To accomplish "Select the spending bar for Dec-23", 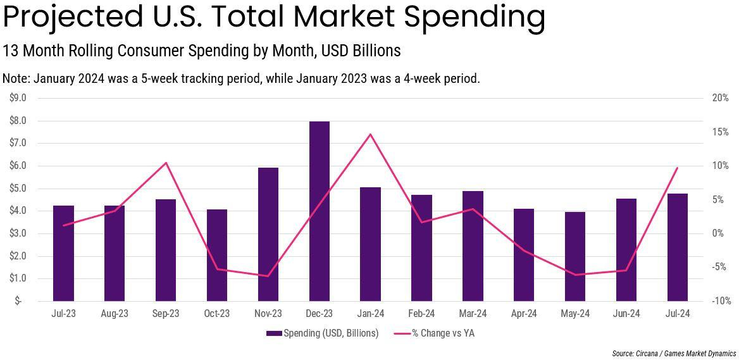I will [x=320, y=211].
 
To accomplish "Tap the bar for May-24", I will [x=575, y=256].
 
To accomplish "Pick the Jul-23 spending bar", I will [x=63, y=253].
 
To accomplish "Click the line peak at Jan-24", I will [x=370, y=134].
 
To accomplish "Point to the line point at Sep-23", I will [x=166, y=163].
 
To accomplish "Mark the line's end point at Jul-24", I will [x=677, y=168].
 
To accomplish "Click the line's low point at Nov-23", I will [x=268, y=276].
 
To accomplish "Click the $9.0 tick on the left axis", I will [x=18, y=98].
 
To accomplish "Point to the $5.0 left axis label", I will [x=18, y=189].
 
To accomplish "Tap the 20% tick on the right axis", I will [x=720, y=98].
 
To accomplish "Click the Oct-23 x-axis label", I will [x=217, y=314].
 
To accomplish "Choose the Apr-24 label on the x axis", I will [x=524, y=314].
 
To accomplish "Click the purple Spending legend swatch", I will [x=274, y=333].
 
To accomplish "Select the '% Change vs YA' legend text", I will [x=442, y=333].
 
